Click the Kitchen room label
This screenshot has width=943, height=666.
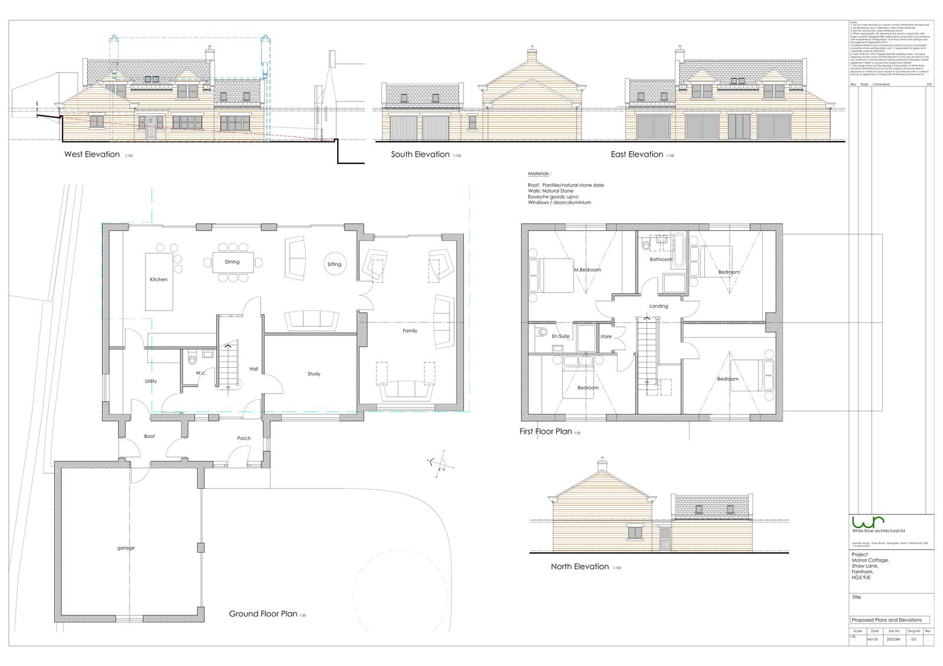pos(159,279)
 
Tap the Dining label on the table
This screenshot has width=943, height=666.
pos(232,262)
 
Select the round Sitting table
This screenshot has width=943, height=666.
pos(334,264)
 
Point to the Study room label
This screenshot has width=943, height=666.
pos(314,374)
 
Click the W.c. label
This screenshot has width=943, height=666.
pos(200,373)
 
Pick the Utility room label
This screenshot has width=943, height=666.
pos(151,381)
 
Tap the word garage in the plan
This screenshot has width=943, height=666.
pos(126,548)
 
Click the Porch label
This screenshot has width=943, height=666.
pos(243,438)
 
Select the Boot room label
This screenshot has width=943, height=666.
pos(150,436)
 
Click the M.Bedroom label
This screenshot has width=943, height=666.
pos(588,270)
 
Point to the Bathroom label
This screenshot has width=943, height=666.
pos(661,259)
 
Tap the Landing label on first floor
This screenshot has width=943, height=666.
pos(658,306)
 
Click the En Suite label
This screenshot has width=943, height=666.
pos(560,336)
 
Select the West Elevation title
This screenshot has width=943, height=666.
pos(91,154)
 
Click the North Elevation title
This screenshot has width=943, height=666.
pos(579,566)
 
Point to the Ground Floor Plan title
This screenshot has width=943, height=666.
pos(263,614)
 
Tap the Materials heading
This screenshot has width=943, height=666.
pos(539,174)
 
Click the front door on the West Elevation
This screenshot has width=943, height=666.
pos(150,127)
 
